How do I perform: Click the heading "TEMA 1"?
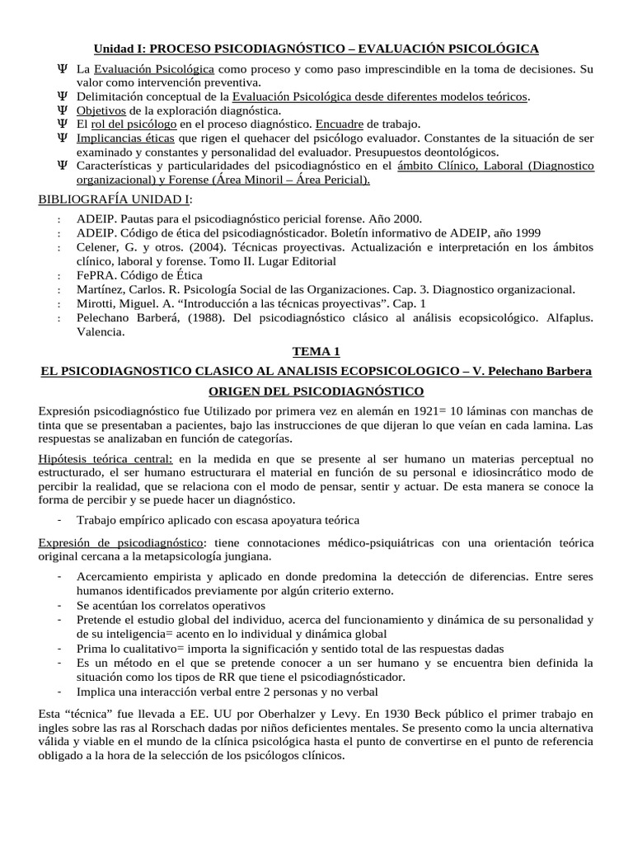(x=316, y=352)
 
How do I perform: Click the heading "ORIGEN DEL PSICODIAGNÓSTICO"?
(x=316, y=390)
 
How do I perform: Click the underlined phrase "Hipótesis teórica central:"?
(x=105, y=458)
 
